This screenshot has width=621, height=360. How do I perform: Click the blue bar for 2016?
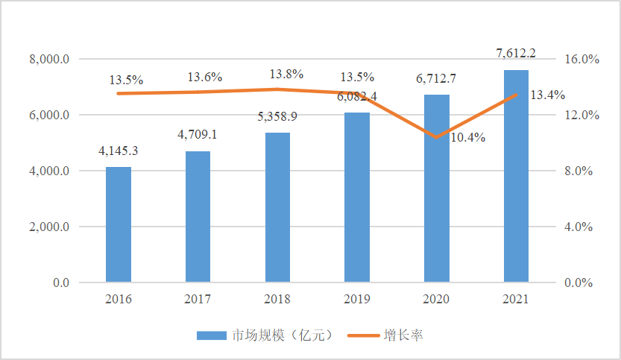119,225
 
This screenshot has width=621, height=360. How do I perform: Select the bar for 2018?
277,208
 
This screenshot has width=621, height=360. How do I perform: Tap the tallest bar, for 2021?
516,177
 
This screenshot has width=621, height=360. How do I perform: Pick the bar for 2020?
437,189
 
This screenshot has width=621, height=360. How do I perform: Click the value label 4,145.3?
119,151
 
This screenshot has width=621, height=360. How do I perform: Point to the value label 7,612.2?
516,53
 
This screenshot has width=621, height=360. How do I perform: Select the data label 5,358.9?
277,117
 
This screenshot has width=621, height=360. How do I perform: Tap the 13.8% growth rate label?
286,75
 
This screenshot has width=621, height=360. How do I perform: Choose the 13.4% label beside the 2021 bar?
547,95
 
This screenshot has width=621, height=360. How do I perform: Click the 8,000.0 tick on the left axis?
50,60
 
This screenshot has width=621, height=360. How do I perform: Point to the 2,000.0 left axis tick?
50,227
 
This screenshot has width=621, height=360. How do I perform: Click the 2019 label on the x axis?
357,299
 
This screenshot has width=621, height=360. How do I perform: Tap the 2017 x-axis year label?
198,299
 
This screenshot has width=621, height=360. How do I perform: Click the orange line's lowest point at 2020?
437,137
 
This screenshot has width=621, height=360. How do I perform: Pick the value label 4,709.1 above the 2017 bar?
198,135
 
